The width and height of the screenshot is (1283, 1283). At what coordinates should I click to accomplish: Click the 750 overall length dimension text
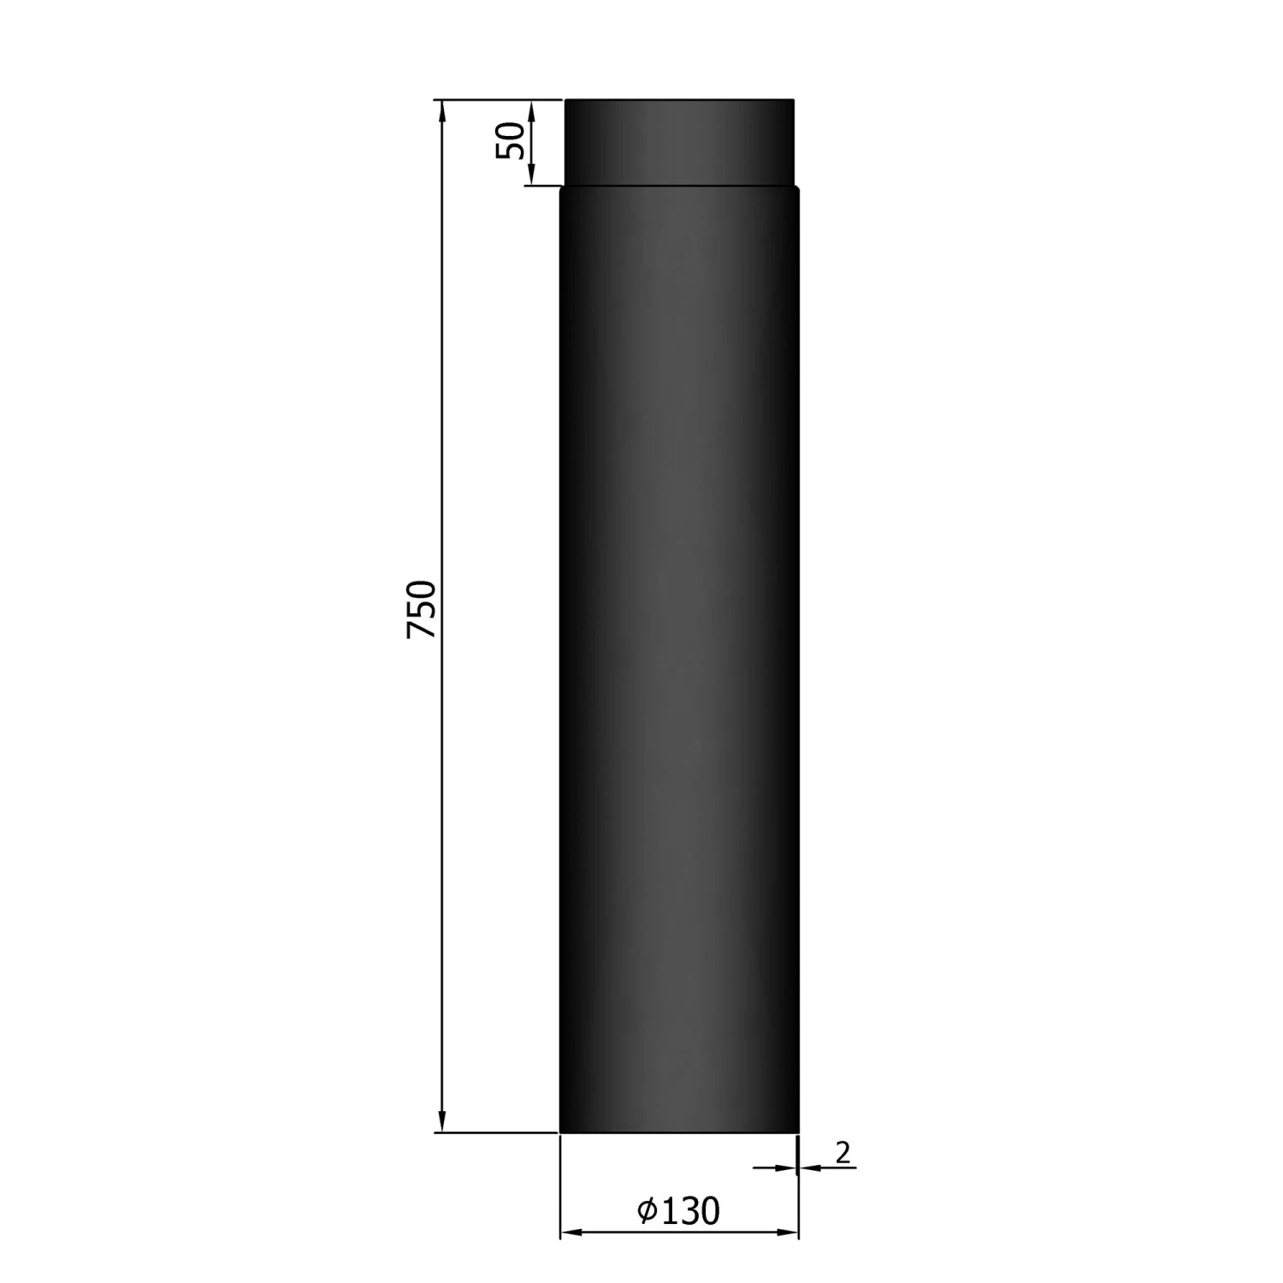pyautogui.click(x=422, y=609)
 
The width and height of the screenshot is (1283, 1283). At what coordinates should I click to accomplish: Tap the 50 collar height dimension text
pyautogui.click(x=511, y=140)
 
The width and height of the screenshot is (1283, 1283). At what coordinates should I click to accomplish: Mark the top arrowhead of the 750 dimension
pyautogui.click(x=441, y=111)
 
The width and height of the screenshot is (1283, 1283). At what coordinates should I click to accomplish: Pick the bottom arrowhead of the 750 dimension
pyautogui.click(x=441, y=1120)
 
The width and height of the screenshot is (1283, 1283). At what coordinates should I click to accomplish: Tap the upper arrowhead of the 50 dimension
pyautogui.click(x=532, y=111)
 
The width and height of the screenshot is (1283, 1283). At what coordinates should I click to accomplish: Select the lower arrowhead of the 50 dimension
pyautogui.click(x=532, y=174)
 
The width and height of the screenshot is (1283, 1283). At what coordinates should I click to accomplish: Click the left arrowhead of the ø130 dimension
pyautogui.click(x=571, y=1233)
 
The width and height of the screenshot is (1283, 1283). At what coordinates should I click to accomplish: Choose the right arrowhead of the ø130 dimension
pyautogui.click(x=787, y=1233)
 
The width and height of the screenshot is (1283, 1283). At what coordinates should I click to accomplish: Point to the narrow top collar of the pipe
pyautogui.click(x=679, y=142)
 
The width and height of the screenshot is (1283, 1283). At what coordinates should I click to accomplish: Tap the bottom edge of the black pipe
pyautogui.click(x=679, y=1132)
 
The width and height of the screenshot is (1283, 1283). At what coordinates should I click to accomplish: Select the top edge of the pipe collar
pyautogui.click(x=679, y=100)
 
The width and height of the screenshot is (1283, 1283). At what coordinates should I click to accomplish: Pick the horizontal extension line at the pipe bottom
pyautogui.click(x=496, y=1132)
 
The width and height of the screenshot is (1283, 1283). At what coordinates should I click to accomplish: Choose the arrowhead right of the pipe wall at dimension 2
pyautogui.click(x=809, y=1168)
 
